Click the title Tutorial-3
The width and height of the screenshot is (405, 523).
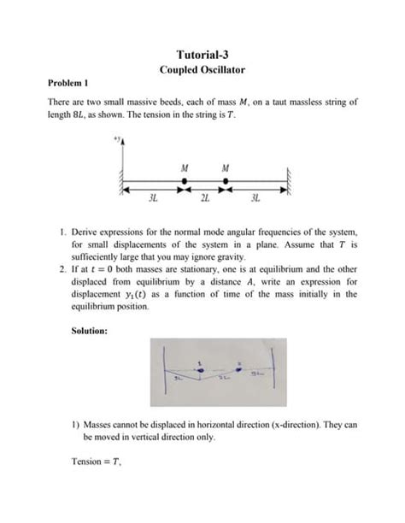click(x=202, y=55)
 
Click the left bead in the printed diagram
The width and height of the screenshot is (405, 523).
click(x=185, y=182)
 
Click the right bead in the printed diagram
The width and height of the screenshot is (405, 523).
click(x=225, y=182)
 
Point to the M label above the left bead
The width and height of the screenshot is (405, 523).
click(x=185, y=167)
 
